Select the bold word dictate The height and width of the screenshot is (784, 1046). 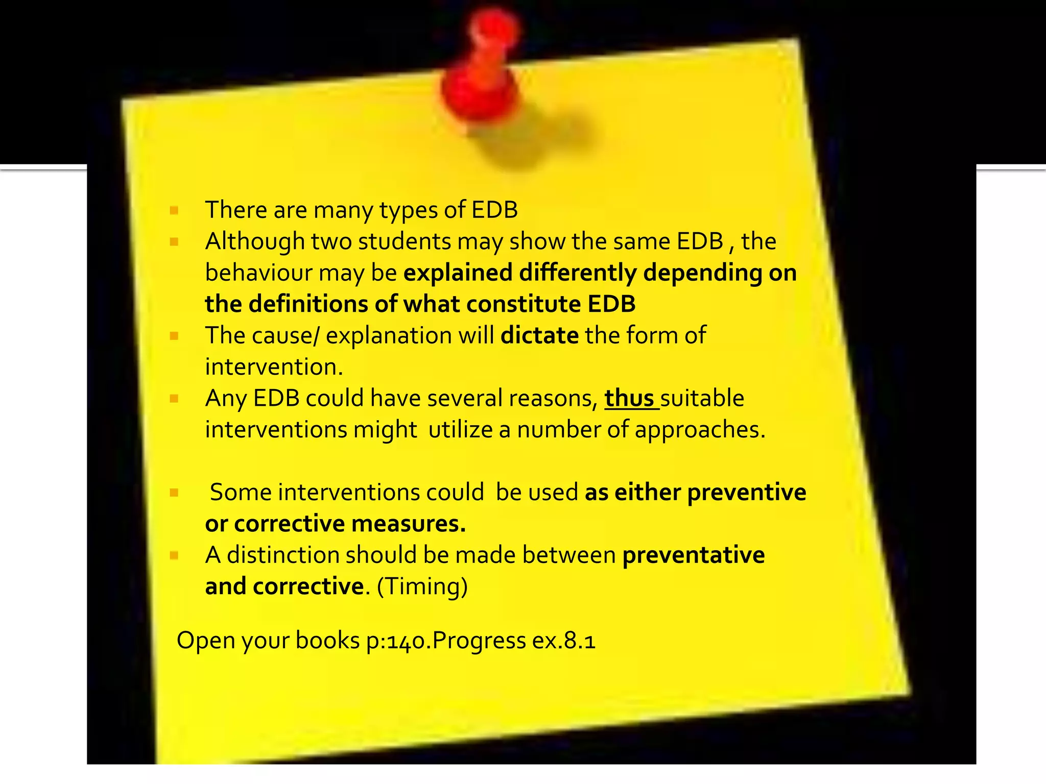[539, 336]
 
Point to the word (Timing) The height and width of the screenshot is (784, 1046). [422, 586]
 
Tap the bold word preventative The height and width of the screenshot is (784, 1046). [694, 555]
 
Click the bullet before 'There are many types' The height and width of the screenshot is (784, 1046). [174, 210]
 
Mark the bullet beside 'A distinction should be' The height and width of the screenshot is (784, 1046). [174, 555]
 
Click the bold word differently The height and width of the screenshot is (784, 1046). [578, 273]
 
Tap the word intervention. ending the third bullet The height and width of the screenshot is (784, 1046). [274, 367]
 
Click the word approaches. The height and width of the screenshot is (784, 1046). [700, 430]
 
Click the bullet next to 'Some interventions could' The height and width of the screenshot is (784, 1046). [174, 493]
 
